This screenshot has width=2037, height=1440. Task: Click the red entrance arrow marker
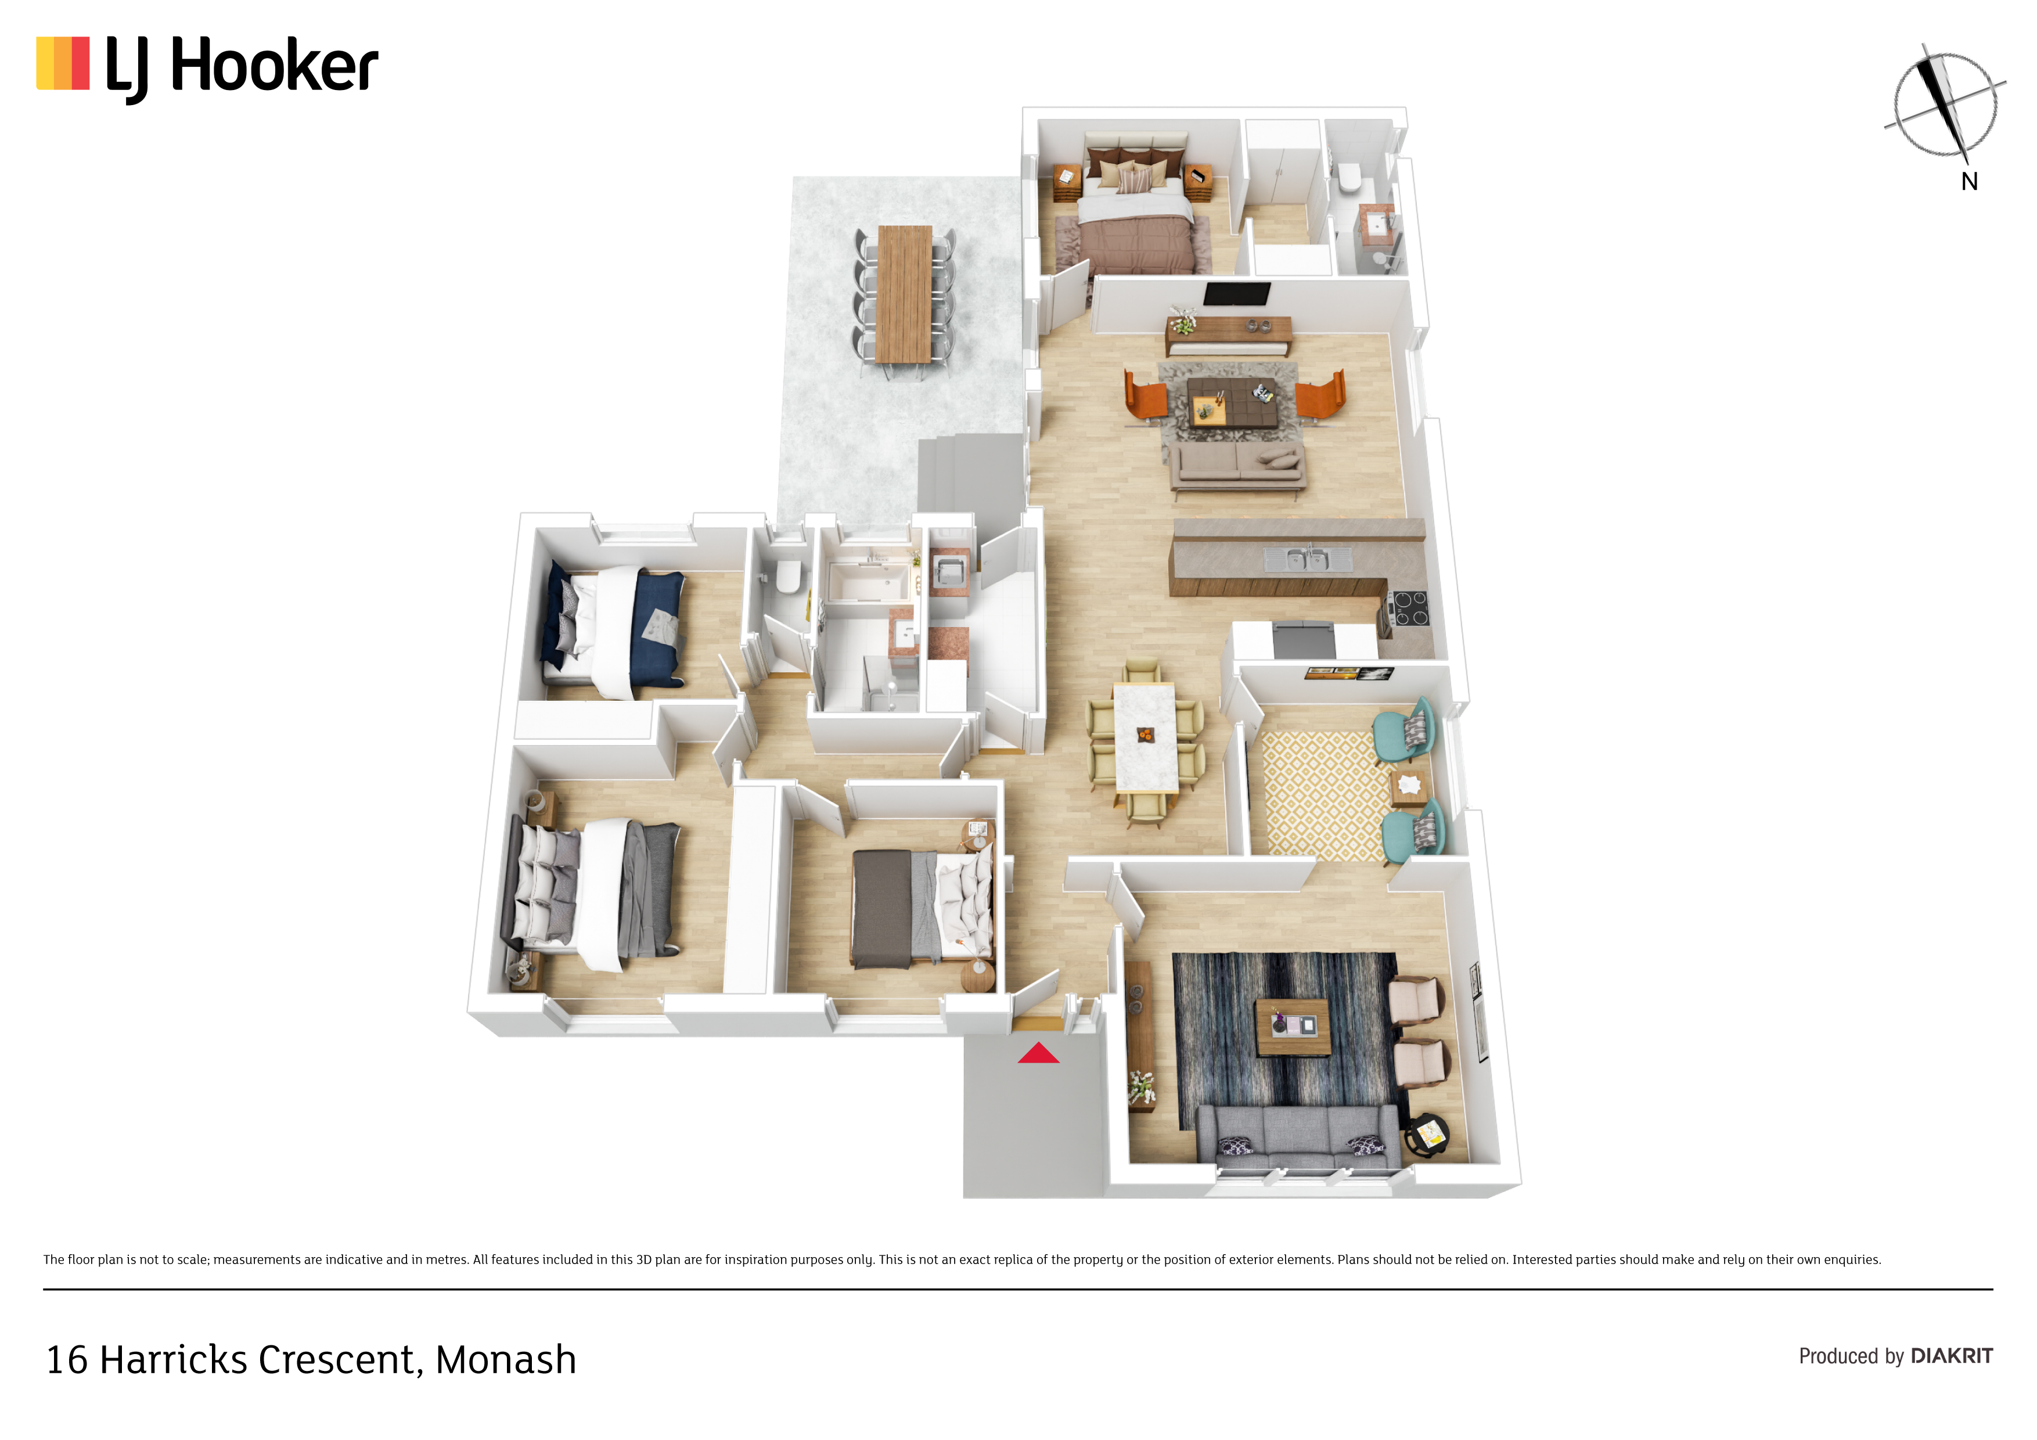click(x=1038, y=1053)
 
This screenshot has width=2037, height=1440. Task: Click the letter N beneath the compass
click(x=1970, y=182)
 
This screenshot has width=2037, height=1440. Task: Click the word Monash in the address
click(x=506, y=1360)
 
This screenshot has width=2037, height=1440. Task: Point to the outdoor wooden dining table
click(x=904, y=294)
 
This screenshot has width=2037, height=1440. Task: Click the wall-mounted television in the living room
click(x=1237, y=294)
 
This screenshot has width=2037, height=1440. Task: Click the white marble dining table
click(x=1145, y=736)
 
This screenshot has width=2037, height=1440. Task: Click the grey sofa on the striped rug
click(x=1298, y=1136)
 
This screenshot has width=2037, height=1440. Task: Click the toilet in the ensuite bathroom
click(x=1349, y=178)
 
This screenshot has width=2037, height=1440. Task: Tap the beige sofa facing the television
click(x=1237, y=465)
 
